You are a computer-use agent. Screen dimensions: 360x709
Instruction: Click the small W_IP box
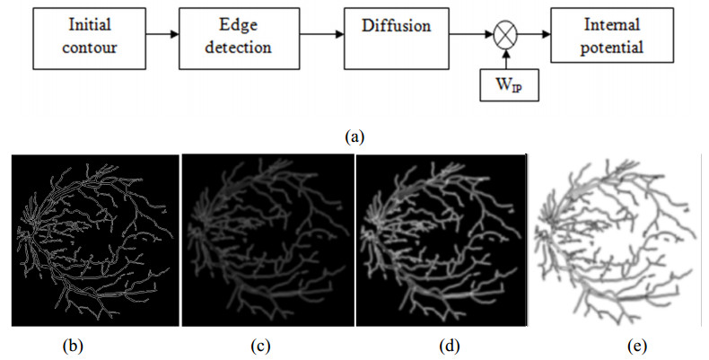508,88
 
